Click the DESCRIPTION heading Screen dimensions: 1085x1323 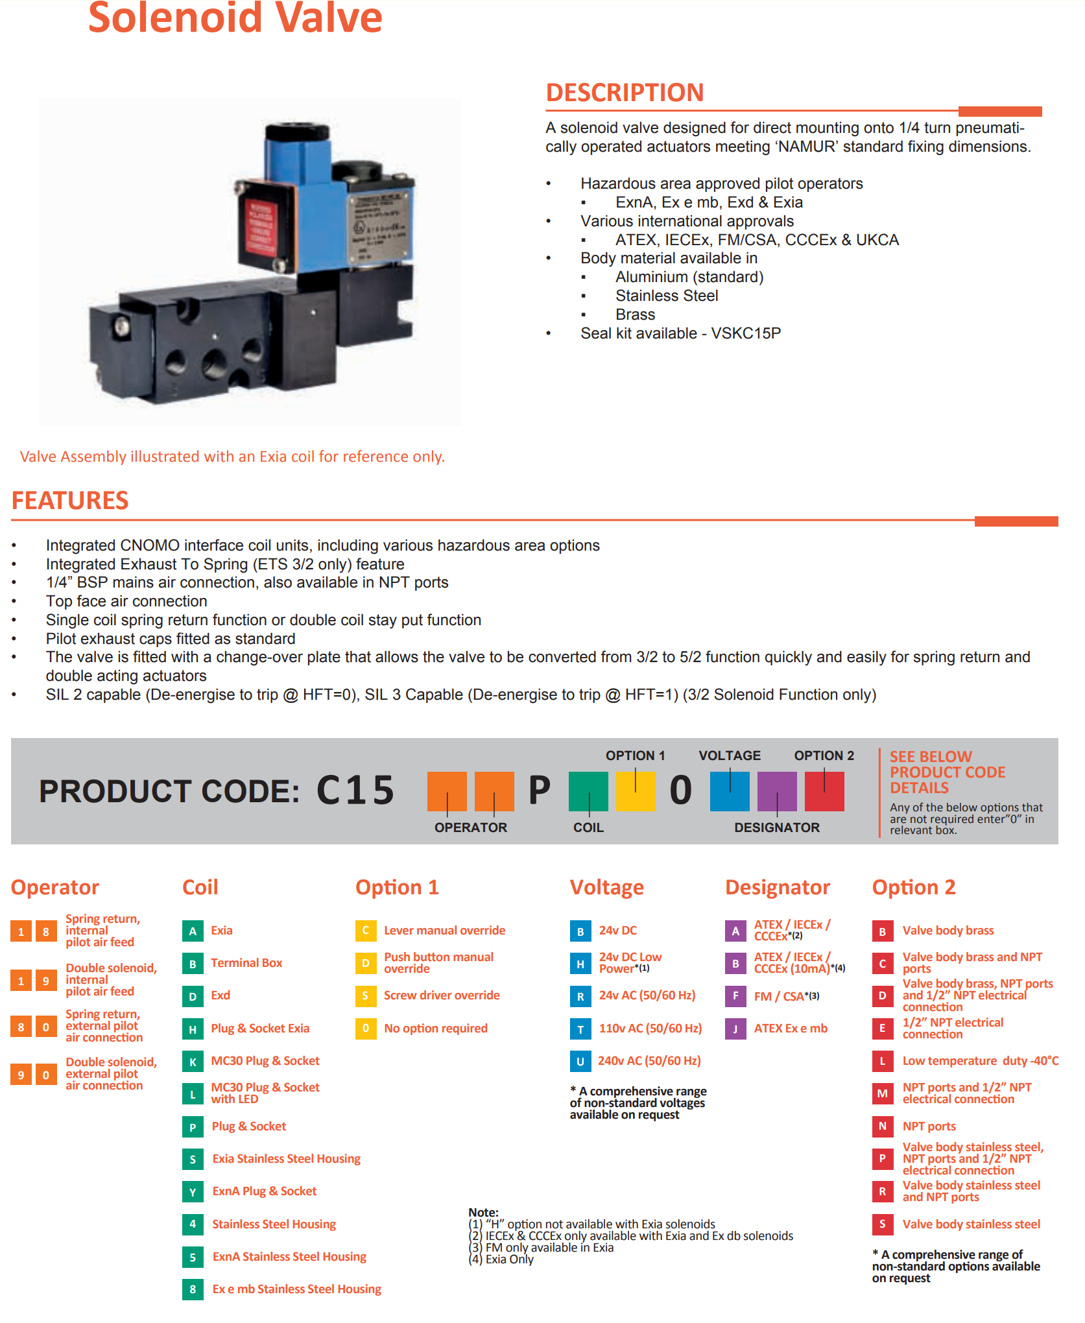[625, 93]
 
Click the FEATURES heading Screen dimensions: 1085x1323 [70, 501]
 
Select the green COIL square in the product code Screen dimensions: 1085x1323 [588, 791]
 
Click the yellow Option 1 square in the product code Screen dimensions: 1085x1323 [636, 791]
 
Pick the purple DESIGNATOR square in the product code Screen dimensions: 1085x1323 [777, 791]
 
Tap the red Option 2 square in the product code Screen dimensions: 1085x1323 [824, 791]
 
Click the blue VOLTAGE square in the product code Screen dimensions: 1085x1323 [730, 791]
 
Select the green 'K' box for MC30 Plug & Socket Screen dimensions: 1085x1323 [193, 1062]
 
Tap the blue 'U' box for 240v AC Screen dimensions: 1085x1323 [580, 1062]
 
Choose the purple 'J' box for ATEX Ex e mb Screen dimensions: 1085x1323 [735, 1029]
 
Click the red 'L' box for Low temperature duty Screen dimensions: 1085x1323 [883, 1062]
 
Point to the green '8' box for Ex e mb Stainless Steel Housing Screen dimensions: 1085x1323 [193, 1289]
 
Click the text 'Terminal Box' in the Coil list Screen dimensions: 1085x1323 [246, 963]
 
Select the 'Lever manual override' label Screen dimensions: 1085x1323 [444, 931]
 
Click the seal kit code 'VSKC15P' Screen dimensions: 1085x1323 [746, 333]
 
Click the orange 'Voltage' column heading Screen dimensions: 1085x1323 [607, 887]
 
